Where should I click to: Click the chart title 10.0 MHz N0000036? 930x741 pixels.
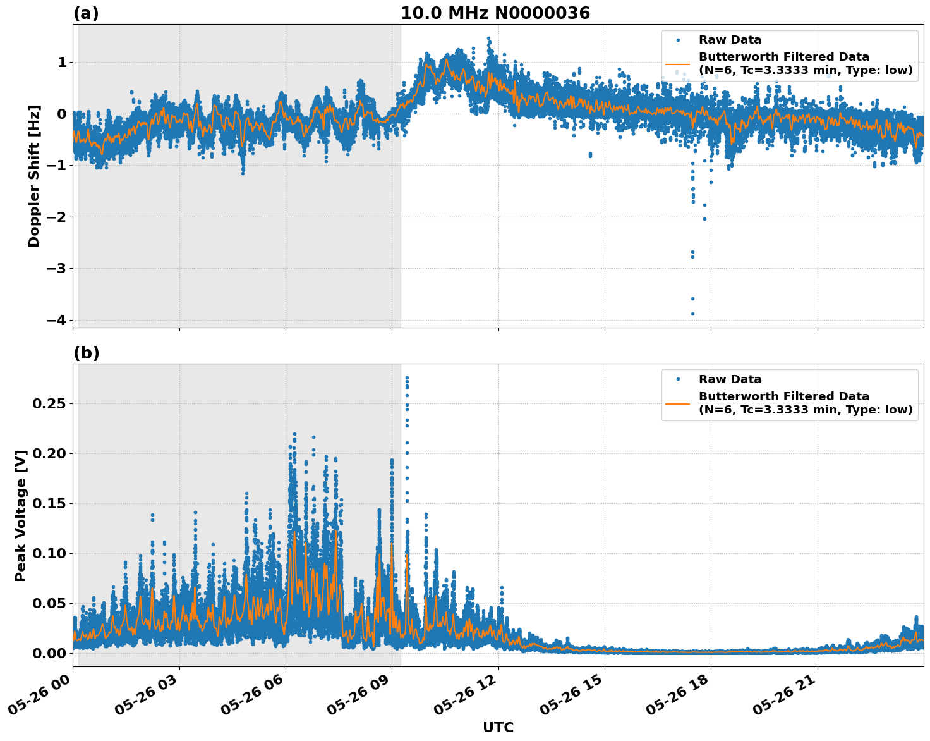pos(495,13)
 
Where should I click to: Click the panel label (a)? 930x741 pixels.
pos(86,13)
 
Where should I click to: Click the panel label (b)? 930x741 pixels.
pos(86,353)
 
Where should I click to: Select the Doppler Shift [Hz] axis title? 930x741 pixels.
pos(34,176)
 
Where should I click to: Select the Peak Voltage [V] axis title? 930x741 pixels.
pos(21,515)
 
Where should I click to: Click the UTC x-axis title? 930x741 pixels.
pos(498,727)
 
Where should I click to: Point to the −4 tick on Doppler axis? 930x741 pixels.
pos(56,320)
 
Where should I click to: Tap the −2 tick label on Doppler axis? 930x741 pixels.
pos(56,217)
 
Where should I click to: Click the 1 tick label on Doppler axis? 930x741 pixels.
pos(62,62)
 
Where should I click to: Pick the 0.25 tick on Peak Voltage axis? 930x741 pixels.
pos(50,403)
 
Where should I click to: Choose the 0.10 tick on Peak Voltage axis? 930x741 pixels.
pos(50,553)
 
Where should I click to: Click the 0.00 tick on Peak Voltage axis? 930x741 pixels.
pos(50,653)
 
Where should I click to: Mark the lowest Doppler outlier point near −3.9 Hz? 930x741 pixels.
pos(692,314)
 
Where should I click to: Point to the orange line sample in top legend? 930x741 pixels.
pos(677,64)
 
